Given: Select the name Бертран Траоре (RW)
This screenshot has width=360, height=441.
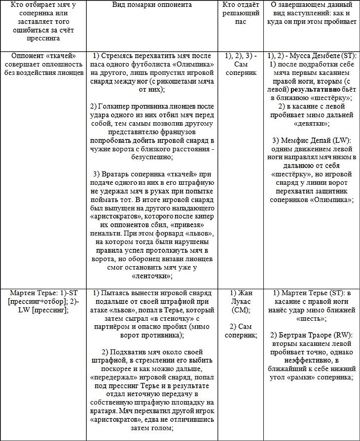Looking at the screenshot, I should [x=314, y=335].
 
